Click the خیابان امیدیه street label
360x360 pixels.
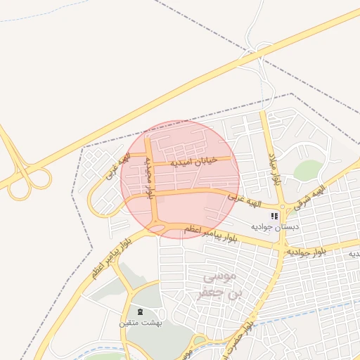click(x=192, y=161)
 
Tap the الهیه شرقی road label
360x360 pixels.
click(x=310, y=198)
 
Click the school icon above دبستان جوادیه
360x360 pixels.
click(x=274, y=216)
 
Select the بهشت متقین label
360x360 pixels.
click(x=141, y=323)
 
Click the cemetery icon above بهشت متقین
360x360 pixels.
click(x=140, y=311)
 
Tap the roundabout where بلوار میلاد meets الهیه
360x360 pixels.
click(x=280, y=207)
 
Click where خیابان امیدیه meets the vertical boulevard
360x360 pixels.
click(x=150, y=165)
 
